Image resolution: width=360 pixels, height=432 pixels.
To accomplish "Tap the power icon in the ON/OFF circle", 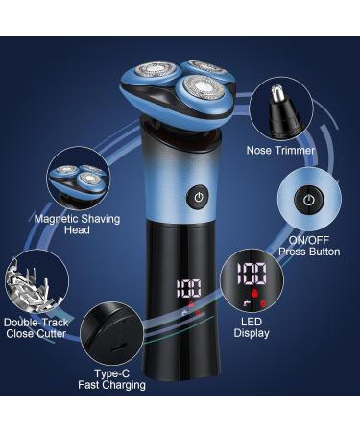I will point(308,200).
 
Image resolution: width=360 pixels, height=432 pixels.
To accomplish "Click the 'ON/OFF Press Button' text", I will point(309,246).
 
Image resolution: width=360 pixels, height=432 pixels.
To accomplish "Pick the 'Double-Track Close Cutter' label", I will point(37,328).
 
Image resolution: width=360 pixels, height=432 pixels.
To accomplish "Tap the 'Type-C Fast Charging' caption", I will point(112,379).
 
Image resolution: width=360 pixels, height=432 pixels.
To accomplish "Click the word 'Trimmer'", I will point(297,151).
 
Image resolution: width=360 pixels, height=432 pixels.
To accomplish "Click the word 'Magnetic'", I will point(57,219).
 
